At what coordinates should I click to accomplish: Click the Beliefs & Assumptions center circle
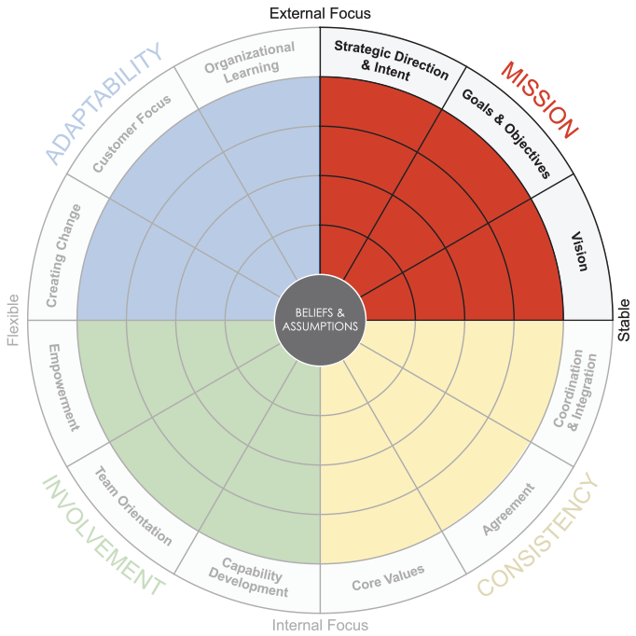(x=320, y=320)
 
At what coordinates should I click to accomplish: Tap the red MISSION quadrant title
(x=539, y=100)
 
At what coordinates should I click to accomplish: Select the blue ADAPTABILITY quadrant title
(x=104, y=104)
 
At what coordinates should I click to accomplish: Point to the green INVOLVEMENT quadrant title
(x=103, y=535)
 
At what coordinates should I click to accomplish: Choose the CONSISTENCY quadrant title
(x=538, y=534)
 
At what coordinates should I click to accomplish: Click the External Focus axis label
(x=320, y=13)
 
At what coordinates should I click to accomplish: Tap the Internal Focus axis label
(x=320, y=625)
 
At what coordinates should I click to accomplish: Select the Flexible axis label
(x=13, y=320)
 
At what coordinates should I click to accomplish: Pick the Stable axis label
(x=624, y=320)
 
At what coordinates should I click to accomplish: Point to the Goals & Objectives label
(x=506, y=133)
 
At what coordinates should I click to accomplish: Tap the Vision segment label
(x=579, y=251)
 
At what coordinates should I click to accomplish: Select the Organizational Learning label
(x=248, y=62)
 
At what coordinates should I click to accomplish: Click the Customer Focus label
(x=131, y=134)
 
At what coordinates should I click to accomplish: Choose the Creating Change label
(x=63, y=256)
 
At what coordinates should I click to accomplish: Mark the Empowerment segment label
(x=63, y=387)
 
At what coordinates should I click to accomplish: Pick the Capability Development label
(x=248, y=577)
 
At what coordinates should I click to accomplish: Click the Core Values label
(x=388, y=577)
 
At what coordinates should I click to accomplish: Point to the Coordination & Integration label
(x=576, y=390)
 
